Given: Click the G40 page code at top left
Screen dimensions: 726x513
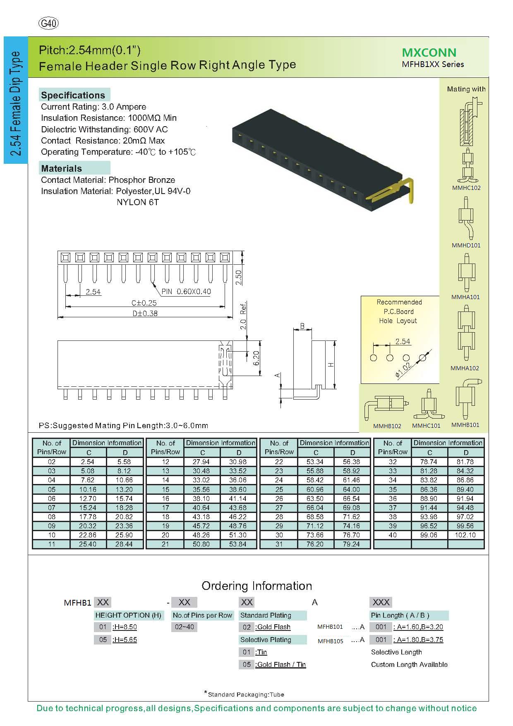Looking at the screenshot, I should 48,24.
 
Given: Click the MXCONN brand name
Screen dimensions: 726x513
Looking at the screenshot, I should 429,53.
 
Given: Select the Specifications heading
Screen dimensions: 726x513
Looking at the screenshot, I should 73,95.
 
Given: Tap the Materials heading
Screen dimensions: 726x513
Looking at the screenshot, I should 61,168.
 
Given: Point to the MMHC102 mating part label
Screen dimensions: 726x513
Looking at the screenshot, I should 466,188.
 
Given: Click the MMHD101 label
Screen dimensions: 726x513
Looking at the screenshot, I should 466,245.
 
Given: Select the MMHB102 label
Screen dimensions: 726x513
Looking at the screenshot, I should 387,426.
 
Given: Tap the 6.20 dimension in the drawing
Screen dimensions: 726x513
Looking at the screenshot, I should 256,358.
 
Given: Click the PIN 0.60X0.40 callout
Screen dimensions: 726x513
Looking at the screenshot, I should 186,292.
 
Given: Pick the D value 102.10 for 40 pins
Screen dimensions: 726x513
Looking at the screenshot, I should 465,535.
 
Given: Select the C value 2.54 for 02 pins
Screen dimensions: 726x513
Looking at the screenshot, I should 88,462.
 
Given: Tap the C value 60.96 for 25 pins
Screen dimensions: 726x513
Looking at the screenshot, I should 315,489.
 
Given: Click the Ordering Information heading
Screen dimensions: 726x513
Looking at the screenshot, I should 256,586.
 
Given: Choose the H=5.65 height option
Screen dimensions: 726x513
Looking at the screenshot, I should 125,640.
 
